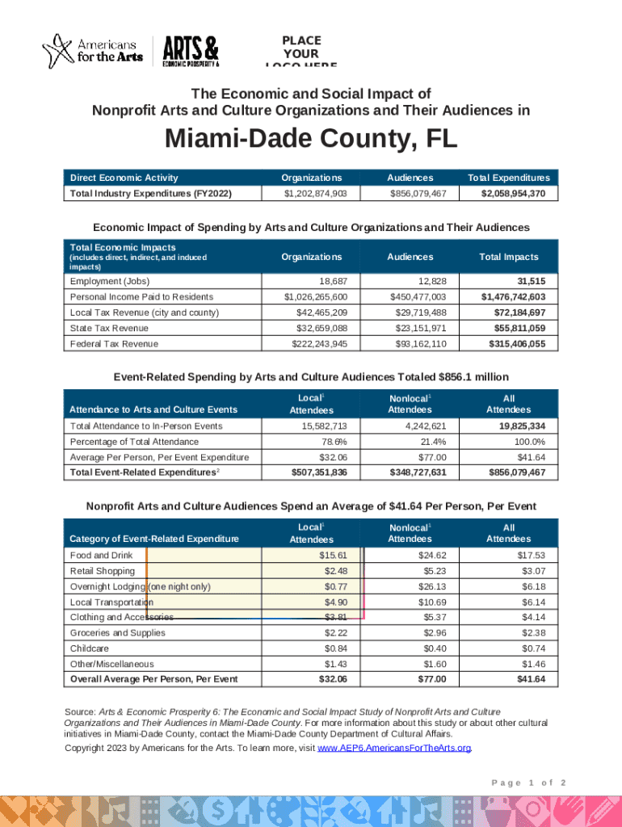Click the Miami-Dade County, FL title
pos(311,141)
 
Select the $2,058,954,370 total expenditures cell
pos(514,194)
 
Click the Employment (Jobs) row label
pos(110,281)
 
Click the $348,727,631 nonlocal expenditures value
pos(411,472)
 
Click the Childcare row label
pos(90,649)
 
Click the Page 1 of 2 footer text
pos(528,783)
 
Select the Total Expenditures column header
pos(508,178)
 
